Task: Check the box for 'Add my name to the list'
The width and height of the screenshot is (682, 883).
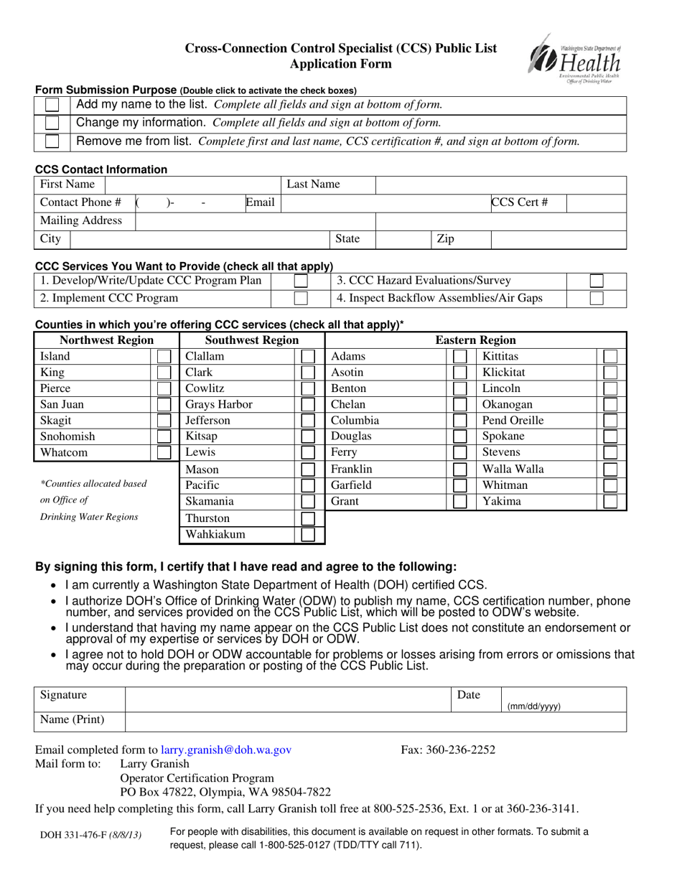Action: pyautogui.click(x=52, y=106)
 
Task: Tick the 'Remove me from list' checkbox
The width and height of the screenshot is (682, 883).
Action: pyautogui.click(x=52, y=141)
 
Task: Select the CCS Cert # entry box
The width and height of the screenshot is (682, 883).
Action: pyautogui.click(x=595, y=202)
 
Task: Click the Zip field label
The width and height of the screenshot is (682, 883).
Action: pyautogui.click(x=445, y=238)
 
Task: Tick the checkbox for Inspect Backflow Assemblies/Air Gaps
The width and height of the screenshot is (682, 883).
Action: pyautogui.click(x=596, y=298)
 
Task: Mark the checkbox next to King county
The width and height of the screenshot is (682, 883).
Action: pyautogui.click(x=164, y=373)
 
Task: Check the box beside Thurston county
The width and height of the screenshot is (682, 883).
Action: pyautogui.click(x=308, y=518)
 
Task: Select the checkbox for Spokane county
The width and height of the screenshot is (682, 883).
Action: pyautogui.click(x=610, y=436)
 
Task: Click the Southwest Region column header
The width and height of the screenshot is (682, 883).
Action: pyautogui.click(x=252, y=340)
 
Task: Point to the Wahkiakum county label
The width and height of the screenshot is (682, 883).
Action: pyautogui.click(x=215, y=534)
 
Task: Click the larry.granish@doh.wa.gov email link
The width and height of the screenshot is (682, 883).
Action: pyautogui.click(x=227, y=750)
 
